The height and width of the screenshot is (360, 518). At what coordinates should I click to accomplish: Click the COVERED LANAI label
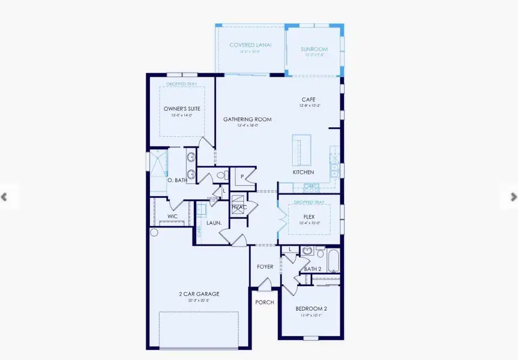click(x=251, y=45)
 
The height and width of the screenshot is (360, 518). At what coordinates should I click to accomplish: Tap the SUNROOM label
click(x=314, y=45)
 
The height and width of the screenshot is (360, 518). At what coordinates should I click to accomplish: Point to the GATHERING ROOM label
click(x=247, y=119)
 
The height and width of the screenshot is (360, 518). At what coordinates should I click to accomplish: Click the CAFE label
click(x=309, y=100)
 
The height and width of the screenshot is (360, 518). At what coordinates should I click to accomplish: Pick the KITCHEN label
click(x=303, y=172)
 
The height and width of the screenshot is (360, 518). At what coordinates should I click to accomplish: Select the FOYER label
click(x=265, y=267)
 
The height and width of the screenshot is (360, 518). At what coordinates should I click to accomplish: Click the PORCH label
click(x=265, y=302)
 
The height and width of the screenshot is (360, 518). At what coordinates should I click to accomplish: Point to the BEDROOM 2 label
click(x=311, y=309)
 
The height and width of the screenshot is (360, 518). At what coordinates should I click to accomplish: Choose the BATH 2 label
click(x=312, y=269)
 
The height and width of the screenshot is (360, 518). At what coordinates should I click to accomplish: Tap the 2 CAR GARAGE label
click(x=198, y=294)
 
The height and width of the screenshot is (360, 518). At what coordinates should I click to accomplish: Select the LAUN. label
click(x=214, y=223)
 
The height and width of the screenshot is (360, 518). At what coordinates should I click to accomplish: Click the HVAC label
click(x=239, y=207)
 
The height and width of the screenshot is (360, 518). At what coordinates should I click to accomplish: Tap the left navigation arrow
click(x=5, y=197)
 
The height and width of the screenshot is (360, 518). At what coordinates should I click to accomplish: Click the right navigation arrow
click(x=513, y=196)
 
